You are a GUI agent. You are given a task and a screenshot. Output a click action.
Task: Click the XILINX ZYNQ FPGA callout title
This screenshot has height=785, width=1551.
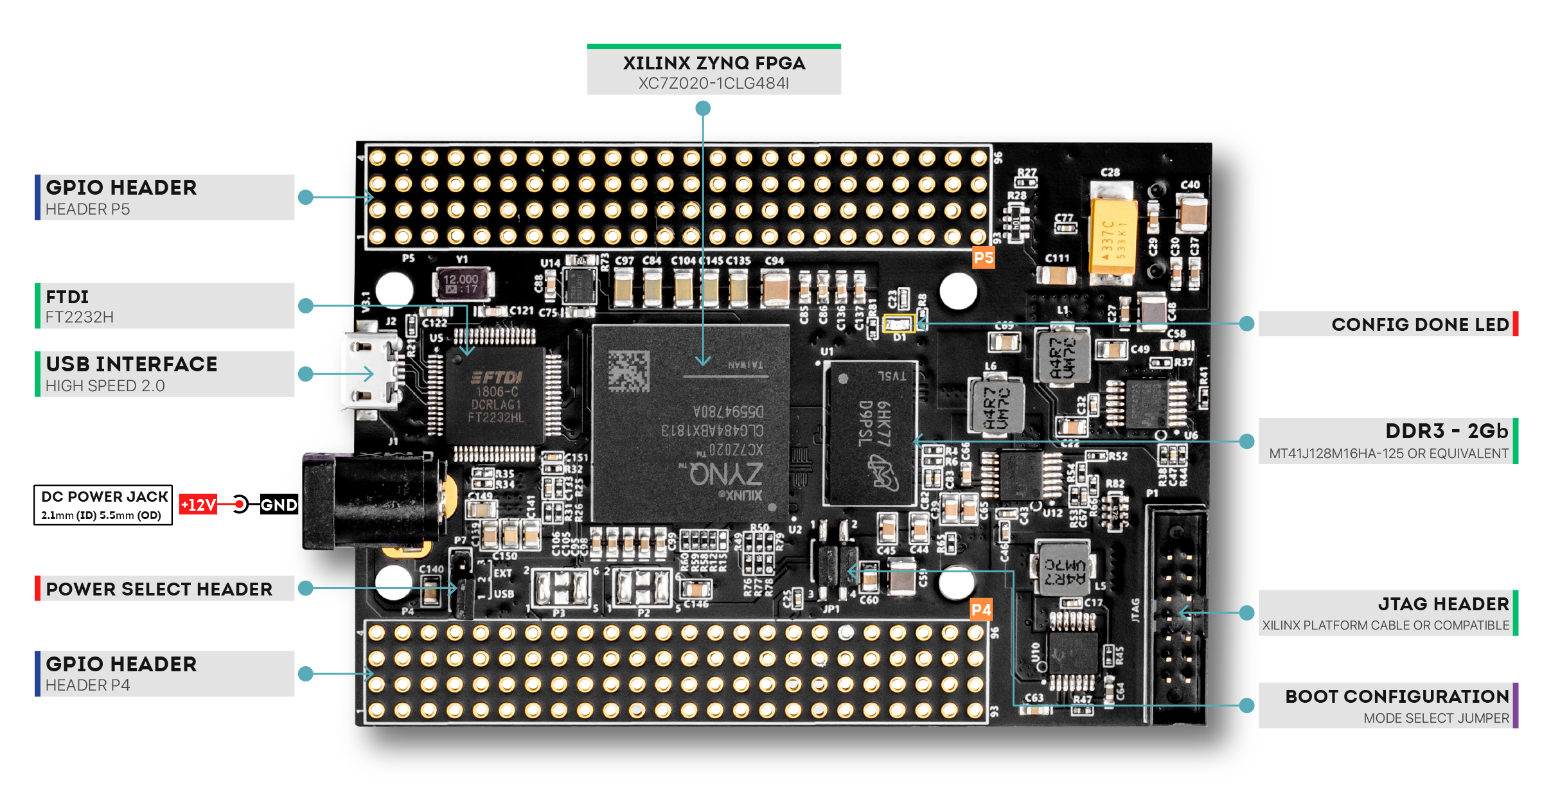(x=714, y=63)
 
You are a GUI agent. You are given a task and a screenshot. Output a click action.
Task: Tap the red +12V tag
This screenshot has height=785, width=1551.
(x=198, y=505)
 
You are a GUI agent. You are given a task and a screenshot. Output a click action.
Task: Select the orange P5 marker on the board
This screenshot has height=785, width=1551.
(x=983, y=258)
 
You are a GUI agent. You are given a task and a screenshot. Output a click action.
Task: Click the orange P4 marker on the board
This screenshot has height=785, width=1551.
(x=980, y=610)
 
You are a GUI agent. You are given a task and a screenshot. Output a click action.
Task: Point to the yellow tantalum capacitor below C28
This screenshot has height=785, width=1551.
(x=1113, y=237)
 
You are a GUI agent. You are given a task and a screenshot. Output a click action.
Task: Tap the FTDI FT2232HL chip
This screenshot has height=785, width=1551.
(x=495, y=397)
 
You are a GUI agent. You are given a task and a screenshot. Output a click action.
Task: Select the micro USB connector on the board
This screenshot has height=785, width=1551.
(x=370, y=373)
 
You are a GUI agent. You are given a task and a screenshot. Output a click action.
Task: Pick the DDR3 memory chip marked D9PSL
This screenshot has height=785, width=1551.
(x=871, y=433)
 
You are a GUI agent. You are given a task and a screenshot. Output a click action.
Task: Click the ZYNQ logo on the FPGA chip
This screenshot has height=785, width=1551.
(x=726, y=474)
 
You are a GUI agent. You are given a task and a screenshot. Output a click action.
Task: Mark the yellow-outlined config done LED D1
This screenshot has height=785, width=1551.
(x=898, y=323)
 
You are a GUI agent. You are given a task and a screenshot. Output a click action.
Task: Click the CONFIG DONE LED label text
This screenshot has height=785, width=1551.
(x=1419, y=324)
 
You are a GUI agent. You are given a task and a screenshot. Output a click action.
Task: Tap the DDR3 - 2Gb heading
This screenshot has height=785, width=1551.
(x=1446, y=431)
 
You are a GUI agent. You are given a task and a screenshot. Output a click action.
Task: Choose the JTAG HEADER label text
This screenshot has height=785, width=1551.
(x=1443, y=604)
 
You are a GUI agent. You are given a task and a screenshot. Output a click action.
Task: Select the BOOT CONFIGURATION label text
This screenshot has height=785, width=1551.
(x=1397, y=696)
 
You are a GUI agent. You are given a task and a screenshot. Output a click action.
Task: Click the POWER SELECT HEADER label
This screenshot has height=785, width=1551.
(x=159, y=589)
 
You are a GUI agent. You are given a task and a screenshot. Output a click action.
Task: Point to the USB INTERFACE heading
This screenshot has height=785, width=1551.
(x=132, y=364)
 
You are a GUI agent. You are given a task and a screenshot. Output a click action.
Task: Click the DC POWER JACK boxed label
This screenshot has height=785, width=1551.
(x=103, y=505)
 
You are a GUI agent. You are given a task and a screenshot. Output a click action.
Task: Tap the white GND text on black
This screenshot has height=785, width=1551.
(x=279, y=505)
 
